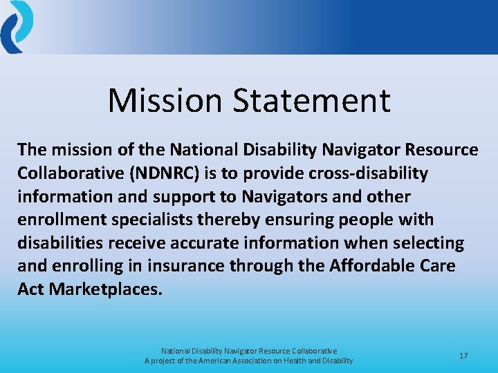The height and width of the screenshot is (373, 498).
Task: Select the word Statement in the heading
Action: tap(311, 100)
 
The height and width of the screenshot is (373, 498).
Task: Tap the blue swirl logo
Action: tap(17, 26)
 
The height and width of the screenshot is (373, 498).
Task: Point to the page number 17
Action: tap(463, 356)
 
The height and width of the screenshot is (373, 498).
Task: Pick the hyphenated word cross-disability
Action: tap(375, 173)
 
